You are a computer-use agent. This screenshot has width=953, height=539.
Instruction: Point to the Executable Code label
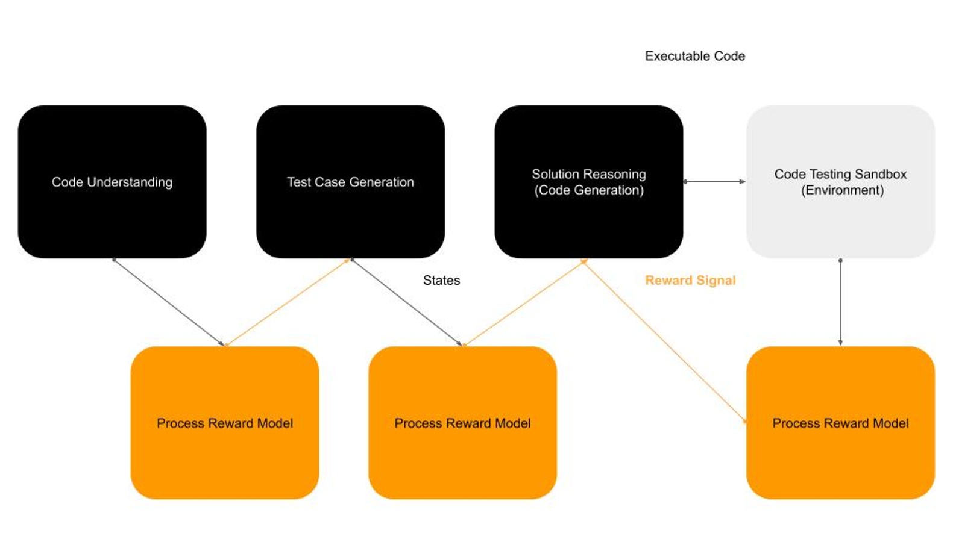(695, 56)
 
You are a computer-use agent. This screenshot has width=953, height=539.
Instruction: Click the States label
(441, 280)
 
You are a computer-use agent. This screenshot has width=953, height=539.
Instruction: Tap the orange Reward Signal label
(690, 280)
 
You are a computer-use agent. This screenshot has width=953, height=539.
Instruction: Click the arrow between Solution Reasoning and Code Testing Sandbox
(714, 181)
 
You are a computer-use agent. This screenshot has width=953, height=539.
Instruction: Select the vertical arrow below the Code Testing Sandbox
(840, 302)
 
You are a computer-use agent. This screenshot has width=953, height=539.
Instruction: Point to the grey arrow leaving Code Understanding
(168, 302)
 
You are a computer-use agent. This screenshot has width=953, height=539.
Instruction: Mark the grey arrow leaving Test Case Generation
(406, 302)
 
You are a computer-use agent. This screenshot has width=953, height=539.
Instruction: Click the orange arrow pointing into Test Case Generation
(288, 302)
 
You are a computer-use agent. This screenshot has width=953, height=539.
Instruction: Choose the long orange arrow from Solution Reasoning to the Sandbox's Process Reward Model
(665, 341)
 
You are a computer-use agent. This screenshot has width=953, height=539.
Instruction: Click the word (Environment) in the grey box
(842, 190)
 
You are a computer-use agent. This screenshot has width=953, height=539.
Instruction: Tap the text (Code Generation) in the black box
(589, 190)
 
